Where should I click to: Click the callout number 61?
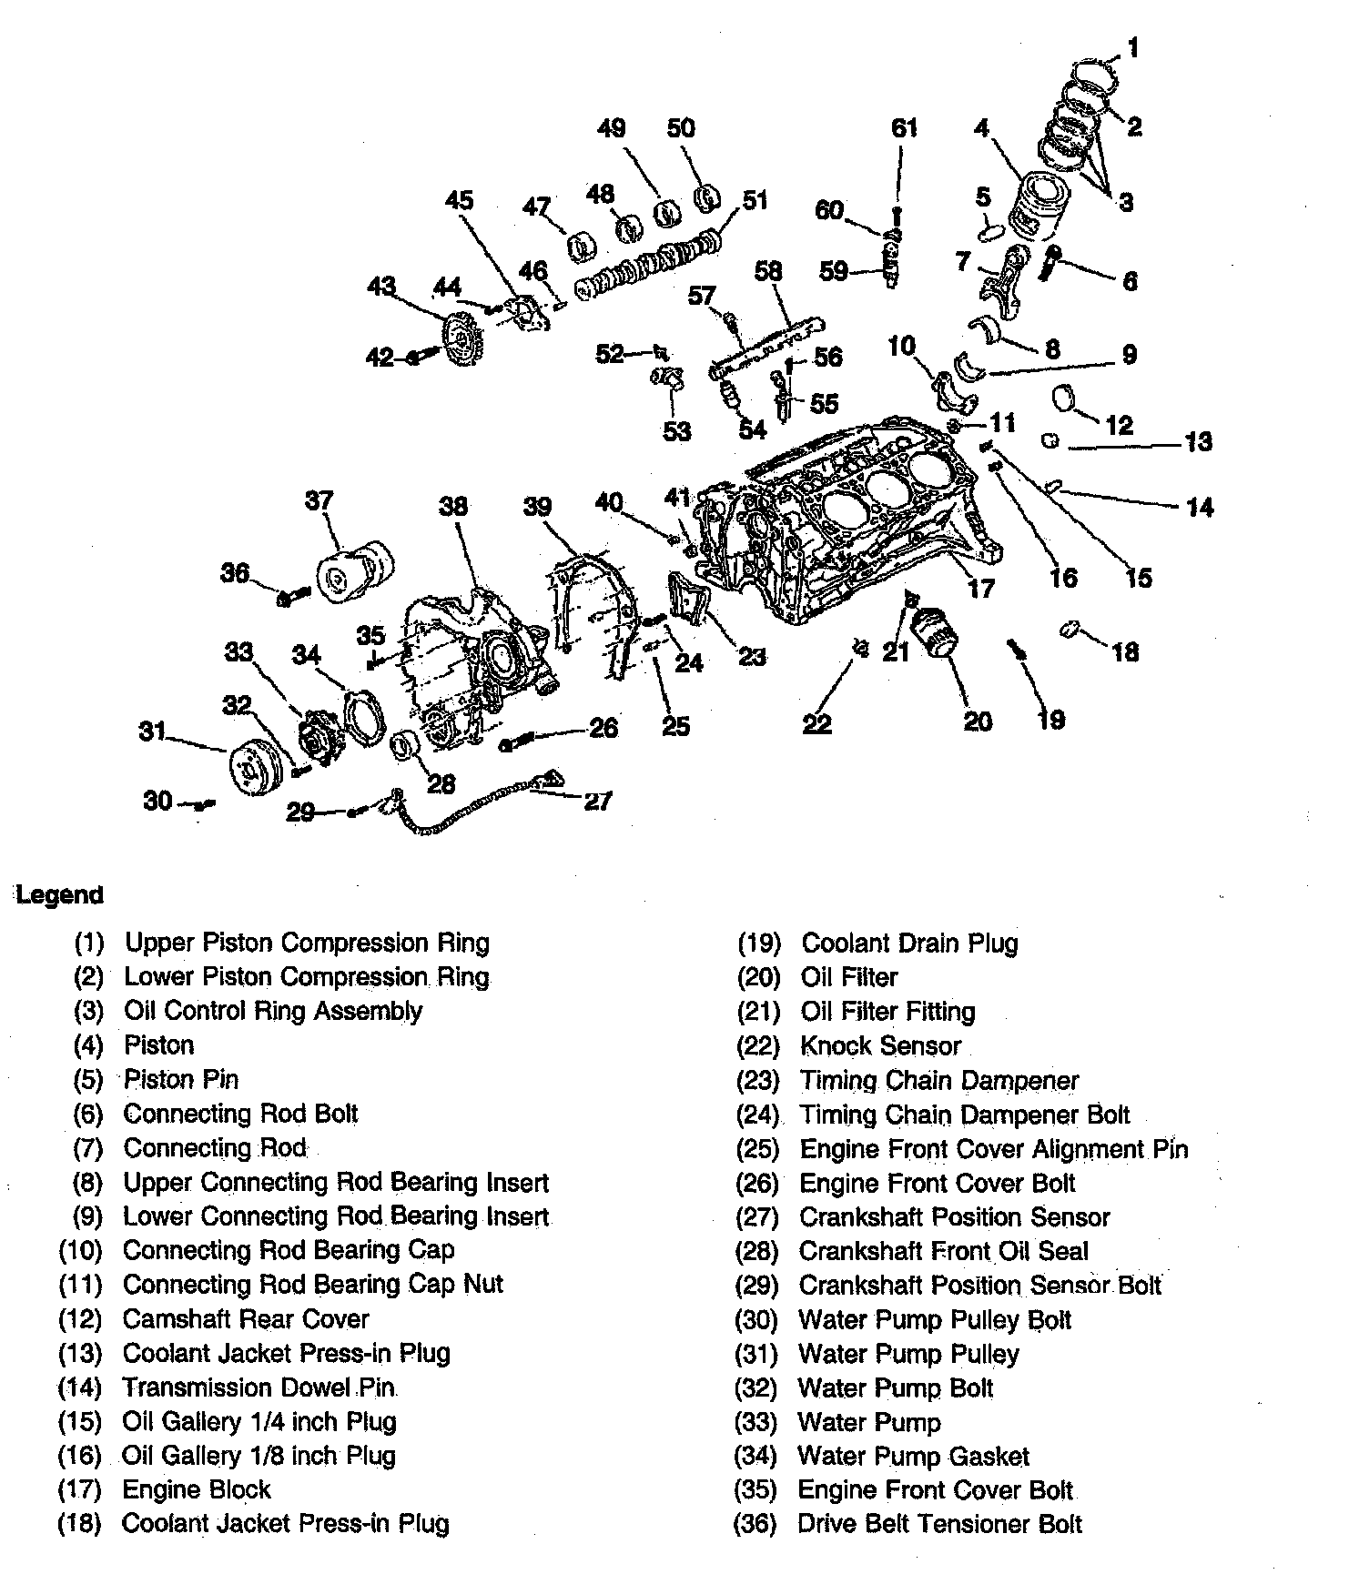point(903,128)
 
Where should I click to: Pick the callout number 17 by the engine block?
point(980,589)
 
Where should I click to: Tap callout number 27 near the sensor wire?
point(597,801)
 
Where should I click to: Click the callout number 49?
point(612,128)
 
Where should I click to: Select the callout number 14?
point(1200,507)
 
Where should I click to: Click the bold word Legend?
point(60,894)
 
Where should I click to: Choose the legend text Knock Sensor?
point(880,1046)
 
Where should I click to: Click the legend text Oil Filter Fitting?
point(887,1012)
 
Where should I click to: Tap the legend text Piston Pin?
point(181,1080)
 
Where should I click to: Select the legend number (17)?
point(80,1490)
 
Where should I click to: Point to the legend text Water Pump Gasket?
point(913,1457)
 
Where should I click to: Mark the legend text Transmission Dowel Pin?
point(259,1387)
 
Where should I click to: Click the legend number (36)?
point(755,1524)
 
